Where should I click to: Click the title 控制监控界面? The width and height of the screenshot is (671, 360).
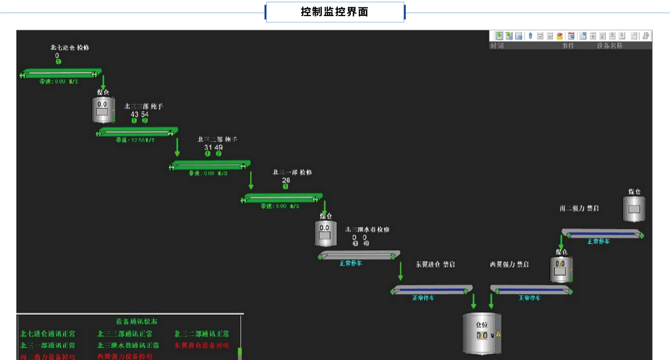[335, 12]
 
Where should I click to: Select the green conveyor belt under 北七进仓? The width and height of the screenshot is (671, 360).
[60, 73]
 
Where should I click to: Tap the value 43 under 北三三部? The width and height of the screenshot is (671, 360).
[135, 114]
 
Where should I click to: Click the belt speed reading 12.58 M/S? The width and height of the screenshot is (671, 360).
[135, 140]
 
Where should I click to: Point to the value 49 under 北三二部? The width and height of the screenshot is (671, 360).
[219, 148]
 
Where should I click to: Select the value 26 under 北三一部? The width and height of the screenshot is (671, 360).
[286, 180]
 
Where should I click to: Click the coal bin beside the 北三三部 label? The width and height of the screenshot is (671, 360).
[103, 110]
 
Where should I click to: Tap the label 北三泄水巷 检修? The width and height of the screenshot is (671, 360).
[367, 230]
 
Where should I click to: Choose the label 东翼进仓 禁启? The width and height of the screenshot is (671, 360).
[435, 264]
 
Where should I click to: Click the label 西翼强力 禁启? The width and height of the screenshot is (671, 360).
[509, 264]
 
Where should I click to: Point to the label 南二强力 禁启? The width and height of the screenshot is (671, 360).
[579, 209]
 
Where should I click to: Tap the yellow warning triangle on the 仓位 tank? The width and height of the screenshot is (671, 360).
[498, 334]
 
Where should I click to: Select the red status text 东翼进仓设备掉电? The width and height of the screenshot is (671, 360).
[202, 346]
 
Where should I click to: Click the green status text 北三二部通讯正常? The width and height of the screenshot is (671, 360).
[202, 334]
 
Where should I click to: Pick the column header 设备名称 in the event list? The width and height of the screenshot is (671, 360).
[609, 46]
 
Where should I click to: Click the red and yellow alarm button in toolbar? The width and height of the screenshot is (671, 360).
[559, 36]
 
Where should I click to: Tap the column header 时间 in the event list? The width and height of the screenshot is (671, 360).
[496, 46]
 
